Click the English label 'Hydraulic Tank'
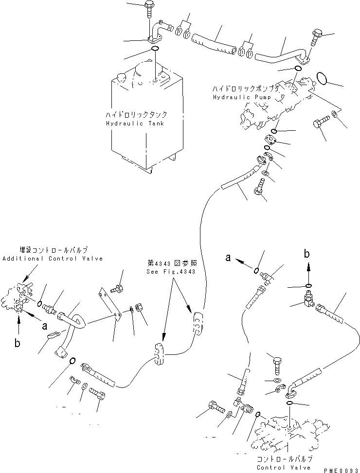point(135,123)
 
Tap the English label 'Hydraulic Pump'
point(242,97)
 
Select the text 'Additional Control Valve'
point(53,259)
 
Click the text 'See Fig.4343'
point(171,271)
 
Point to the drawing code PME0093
point(341,470)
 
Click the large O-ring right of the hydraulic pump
point(323,78)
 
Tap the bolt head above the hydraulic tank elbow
point(149,4)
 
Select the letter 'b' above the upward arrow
point(306,254)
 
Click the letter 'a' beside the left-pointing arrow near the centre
point(228,257)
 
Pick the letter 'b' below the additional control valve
point(18,343)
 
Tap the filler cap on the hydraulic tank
point(121,77)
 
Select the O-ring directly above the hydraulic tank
point(155,49)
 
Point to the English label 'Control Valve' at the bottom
point(284,467)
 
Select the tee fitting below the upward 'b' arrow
point(309,299)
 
